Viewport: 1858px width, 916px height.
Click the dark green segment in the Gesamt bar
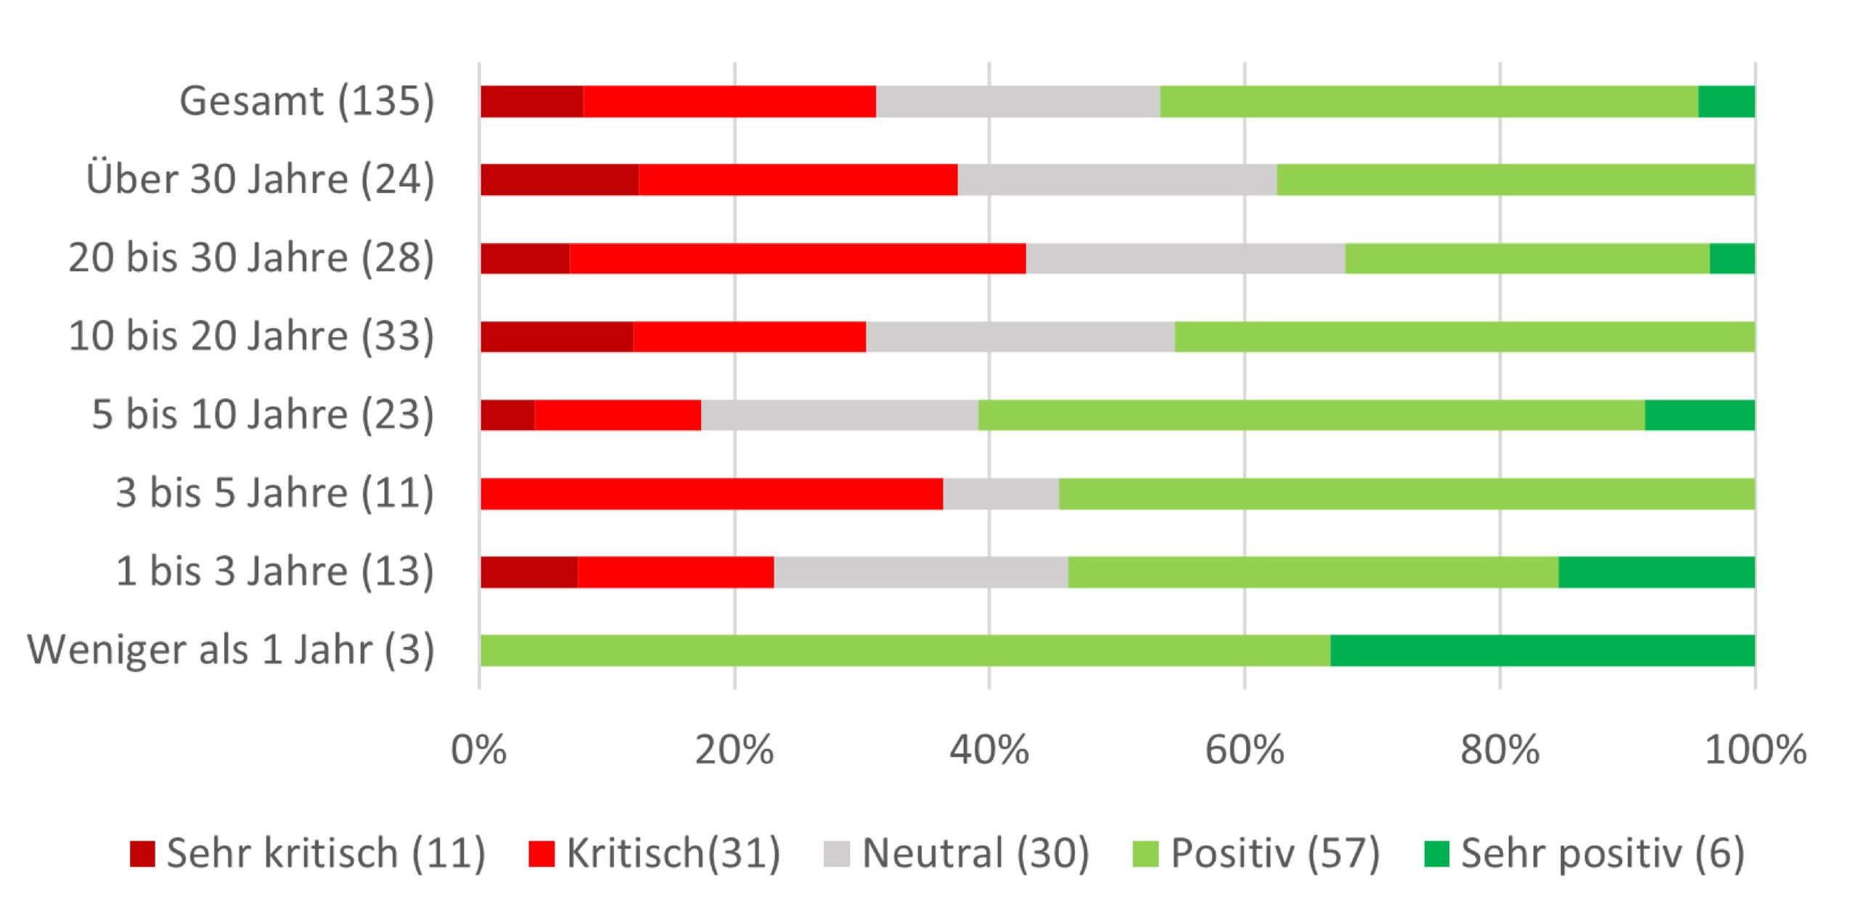1726,102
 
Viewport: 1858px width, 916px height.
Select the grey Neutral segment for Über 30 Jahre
1116,180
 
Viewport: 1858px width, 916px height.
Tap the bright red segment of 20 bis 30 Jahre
797,258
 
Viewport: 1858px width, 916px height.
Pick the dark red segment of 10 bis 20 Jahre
556,337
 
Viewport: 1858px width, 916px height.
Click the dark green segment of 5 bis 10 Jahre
1699,415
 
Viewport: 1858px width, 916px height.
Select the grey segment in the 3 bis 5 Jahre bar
1000,494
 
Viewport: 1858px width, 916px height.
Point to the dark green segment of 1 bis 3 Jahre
1656,572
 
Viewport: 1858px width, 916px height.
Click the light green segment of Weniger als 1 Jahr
904,651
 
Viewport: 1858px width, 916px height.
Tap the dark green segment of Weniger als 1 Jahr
1542,651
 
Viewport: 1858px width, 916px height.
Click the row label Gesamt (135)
307,101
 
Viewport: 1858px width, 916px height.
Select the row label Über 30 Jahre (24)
260,179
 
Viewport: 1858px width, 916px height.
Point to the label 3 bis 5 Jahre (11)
274,493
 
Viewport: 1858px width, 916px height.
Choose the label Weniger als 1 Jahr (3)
231,650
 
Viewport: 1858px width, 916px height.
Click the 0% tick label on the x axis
478,750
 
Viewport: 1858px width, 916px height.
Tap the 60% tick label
1244,750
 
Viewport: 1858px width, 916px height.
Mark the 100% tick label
1755,750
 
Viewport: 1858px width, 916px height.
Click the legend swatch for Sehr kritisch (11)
142,854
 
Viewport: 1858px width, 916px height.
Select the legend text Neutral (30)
975,853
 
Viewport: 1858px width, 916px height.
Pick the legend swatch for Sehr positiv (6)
1436,854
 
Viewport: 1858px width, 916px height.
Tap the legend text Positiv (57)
1274,853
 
